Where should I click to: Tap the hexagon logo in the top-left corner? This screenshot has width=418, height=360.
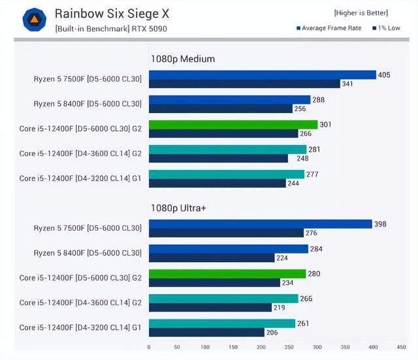click(x=34, y=20)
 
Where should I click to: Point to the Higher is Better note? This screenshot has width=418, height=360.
click(x=361, y=12)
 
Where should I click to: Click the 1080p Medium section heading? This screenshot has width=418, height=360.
click(x=182, y=59)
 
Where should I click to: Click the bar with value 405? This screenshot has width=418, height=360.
click(x=262, y=75)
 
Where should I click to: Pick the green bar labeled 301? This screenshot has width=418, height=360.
click(x=233, y=125)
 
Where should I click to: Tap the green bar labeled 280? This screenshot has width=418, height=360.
click(x=227, y=274)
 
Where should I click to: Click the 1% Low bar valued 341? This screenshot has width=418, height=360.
click(x=244, y=84)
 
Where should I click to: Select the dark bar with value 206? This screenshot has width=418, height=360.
click(x=206, y=332)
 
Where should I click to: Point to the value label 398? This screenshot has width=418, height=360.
click(x=380, y=224)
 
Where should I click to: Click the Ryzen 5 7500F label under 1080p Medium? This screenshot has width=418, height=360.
click(x=88, y=79)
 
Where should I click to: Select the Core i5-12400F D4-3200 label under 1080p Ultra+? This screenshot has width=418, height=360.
click(x=80, y=327)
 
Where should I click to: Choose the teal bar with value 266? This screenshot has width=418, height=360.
click(x=223, y=299)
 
